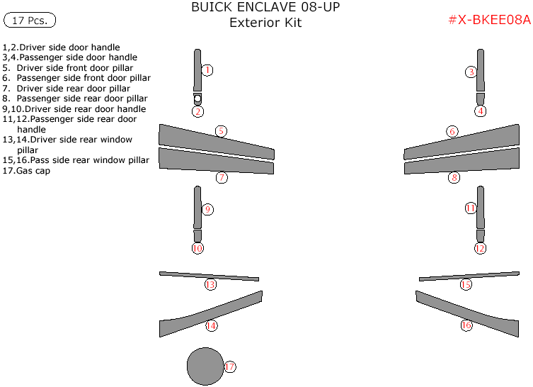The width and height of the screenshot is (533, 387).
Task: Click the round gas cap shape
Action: tap(205, 366)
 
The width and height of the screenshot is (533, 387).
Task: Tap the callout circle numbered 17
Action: tap(229, 367)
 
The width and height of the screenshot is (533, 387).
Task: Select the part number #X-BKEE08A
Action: tap(488, 20)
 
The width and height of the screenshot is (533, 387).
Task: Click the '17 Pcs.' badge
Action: tap(30, 21)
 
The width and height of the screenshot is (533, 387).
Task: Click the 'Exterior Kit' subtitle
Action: tap(265, 23)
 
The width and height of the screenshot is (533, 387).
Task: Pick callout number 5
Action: tap(221, 131)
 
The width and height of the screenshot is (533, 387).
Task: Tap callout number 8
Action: tap(454, 178)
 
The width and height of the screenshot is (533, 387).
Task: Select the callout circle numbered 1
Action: tap(207, 70)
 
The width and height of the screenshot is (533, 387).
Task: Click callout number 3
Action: tap(471, 72)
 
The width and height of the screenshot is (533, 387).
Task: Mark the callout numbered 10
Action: tap(197, 249)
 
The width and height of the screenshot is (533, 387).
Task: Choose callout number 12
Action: tap(480, 249)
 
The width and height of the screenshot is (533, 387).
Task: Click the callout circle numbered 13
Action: tap(210, 285)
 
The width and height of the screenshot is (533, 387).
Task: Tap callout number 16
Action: tap(466, 326)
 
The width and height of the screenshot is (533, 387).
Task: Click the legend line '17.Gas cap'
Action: tap(26, 171)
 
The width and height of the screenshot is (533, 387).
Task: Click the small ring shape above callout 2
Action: tap(197, 99)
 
